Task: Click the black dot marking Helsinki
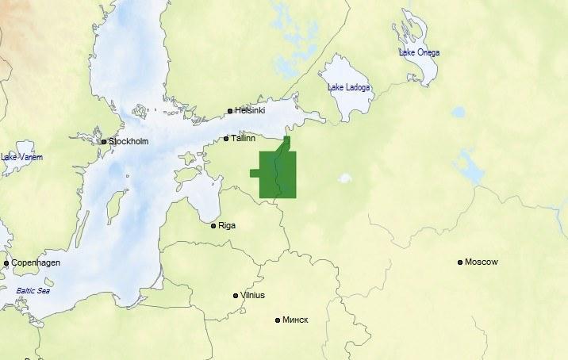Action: pyautogui.click(x=230, y=111)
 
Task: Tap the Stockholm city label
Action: pyautogui.click(x=129, y=141)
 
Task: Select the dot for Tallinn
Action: pyautogui.click(x=226, y=139)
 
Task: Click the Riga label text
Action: pyautogui.click(x=227, y=226)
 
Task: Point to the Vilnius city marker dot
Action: pyautogui.click(x=236, y=296)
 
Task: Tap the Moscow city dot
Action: pyautogui.click(x=460, y=262)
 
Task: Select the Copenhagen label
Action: pyautogui.click(x=36, y=262)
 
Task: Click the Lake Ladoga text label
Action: pyautogui.click(x=349, y=87)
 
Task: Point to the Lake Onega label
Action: pyautogui.click(x=419, y=52)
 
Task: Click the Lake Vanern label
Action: pyautogui.click(x=21, y=158)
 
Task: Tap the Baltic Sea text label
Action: pyautogui.click(x=33, y=291)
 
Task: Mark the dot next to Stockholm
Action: pyautogui.click(x=104, y=142)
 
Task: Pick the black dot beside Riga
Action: pyautogui.click(x=213, y=226)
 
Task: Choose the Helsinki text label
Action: pyautogui.click(x=250, y=111)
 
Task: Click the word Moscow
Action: pyautogui.click(x=482, y=262)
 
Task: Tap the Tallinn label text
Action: pyautogui.click(x=243, y=139)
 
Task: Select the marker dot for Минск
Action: pyautogui.click(x=278, y=320)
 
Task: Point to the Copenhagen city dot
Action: pyautogui.click(x=6, y=263)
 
